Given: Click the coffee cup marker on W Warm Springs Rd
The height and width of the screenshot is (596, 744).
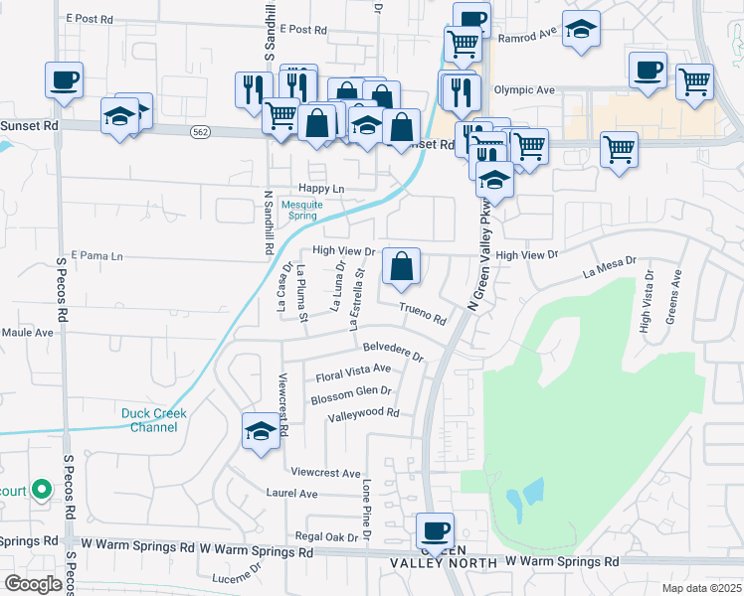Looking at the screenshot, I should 435,530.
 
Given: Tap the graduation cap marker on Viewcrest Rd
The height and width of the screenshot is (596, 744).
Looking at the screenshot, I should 261,432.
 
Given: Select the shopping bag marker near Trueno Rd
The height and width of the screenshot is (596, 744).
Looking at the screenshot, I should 401,266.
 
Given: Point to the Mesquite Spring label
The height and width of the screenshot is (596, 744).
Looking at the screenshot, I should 297,211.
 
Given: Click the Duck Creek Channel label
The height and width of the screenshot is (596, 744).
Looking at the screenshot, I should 149,420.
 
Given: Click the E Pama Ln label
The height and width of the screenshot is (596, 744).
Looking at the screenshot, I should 96,255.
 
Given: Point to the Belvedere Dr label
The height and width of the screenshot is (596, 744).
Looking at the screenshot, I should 394,352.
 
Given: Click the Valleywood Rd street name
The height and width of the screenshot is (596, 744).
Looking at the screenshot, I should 363,413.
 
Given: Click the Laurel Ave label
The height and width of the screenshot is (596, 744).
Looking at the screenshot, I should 291,493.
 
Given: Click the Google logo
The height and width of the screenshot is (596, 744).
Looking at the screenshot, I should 33,584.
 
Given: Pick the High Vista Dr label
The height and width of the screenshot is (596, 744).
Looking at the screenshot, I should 647,300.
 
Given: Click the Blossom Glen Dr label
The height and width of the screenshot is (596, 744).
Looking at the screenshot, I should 349,393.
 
